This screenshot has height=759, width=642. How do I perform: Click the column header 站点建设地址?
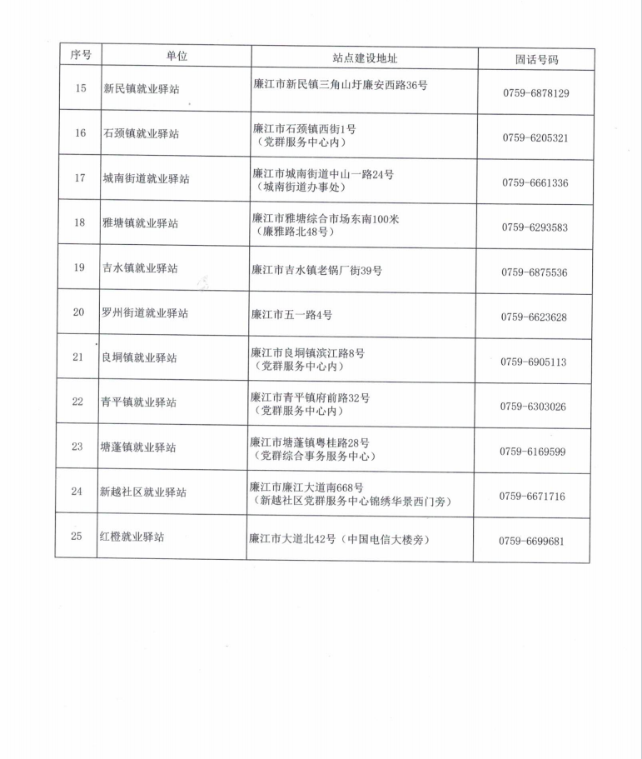[365, 58]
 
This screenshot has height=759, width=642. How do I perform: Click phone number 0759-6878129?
[535, 93]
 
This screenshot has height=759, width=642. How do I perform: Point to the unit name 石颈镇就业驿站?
[141, 133]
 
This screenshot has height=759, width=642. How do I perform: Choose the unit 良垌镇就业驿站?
[139, 357]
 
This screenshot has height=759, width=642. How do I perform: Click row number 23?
[77, 447]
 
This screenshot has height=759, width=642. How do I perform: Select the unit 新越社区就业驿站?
[143, 492]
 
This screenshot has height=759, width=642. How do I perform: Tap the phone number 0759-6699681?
[532, 541]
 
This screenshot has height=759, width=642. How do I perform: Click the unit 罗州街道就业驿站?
[144, 313]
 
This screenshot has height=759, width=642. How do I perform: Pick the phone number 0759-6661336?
[535, 182]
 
